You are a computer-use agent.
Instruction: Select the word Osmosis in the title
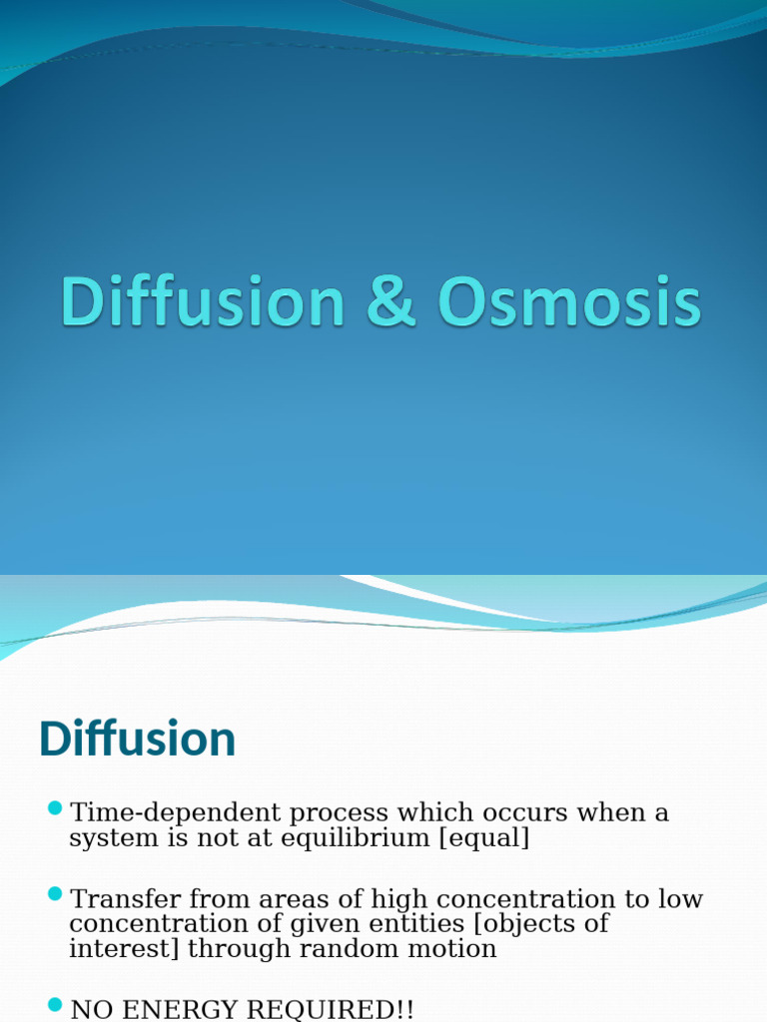pos(568,302)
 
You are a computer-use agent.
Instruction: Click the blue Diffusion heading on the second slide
pos(137,740)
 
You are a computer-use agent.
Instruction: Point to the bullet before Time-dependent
pos(54,807)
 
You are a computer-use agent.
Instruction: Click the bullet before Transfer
pos(54,893)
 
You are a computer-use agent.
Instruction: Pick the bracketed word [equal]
pos(484,838)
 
